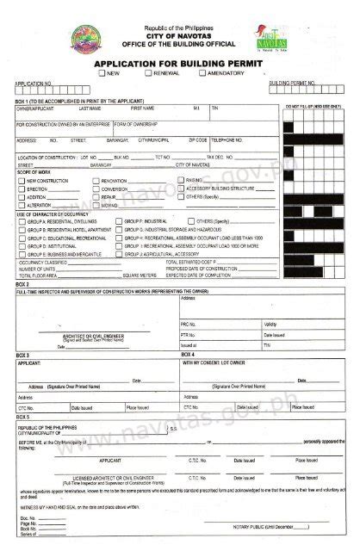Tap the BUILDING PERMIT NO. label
coord(290,83)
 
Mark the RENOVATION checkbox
coord(95,181)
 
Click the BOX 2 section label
coord(23,285)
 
